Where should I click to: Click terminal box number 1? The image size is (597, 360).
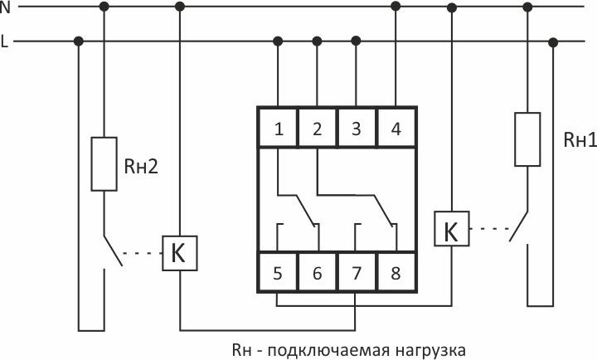[279, 129]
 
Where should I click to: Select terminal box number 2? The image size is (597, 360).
[317, 129]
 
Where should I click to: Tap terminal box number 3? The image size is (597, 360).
[356, 129]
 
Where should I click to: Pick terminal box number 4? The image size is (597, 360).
[395, 129]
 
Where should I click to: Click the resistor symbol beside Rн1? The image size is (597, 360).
[527, 137]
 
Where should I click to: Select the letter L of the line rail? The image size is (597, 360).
[5, 41]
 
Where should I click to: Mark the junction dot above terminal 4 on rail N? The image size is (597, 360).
[396, 6]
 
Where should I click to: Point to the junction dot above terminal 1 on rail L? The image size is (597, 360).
[279, 41]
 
